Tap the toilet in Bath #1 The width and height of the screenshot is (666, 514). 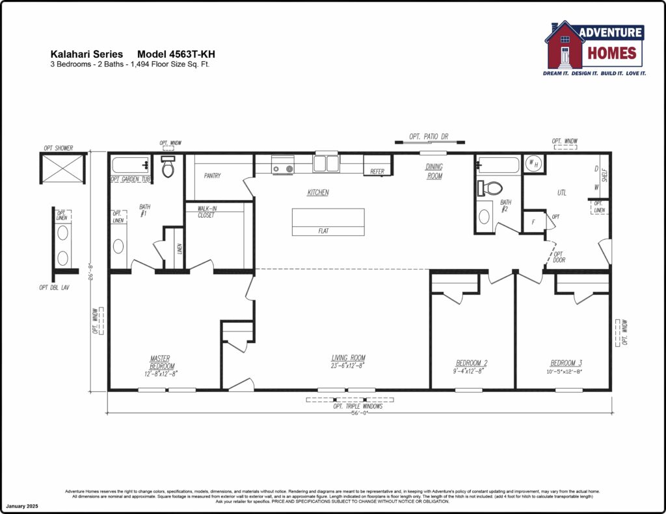(x=168, y=168)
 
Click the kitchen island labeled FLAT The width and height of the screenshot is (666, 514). (x=328, y=222)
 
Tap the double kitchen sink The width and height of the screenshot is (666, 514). (x=326, y=162)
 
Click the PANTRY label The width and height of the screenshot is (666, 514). (x=213, y=175)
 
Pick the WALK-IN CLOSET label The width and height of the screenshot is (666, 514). (x=206, y=212)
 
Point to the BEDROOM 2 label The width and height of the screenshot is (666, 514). (x=472, y=363)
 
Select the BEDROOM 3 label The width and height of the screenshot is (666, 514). (x=566, y=363)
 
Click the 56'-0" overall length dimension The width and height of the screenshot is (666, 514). (x=356, y=413)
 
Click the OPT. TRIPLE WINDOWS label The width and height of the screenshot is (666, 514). (x=358, y=406)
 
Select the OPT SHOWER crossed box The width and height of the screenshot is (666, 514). (x=64, y=168)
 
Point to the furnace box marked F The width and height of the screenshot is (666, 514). (x=533, y=221)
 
